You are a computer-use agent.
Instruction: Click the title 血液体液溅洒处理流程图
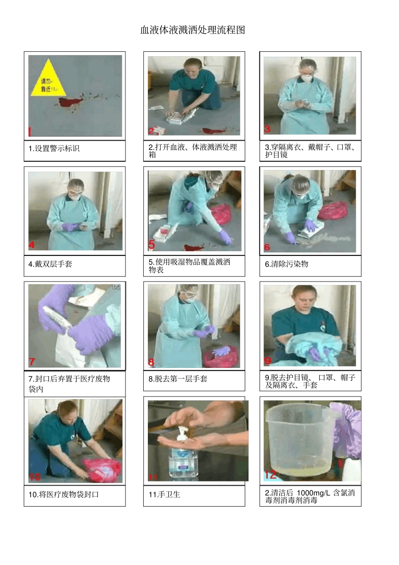193,30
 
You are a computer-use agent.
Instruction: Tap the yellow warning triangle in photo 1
48,78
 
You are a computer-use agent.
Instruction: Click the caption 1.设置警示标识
54,148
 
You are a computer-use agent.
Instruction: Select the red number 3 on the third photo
267,129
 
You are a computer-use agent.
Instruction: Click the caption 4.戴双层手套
50,264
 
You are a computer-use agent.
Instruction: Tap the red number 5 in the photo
151,244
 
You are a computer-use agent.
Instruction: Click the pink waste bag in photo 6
333,210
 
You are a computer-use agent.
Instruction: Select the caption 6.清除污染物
286,264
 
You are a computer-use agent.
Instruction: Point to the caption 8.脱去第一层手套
178,379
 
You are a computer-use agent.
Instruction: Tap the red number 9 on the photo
268,361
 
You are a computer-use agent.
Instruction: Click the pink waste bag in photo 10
102,470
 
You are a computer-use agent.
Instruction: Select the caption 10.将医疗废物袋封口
63,494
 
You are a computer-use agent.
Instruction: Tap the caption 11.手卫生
164,494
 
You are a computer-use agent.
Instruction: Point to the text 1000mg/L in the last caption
313,493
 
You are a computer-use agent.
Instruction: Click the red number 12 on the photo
270,475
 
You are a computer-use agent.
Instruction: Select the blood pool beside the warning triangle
70,102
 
